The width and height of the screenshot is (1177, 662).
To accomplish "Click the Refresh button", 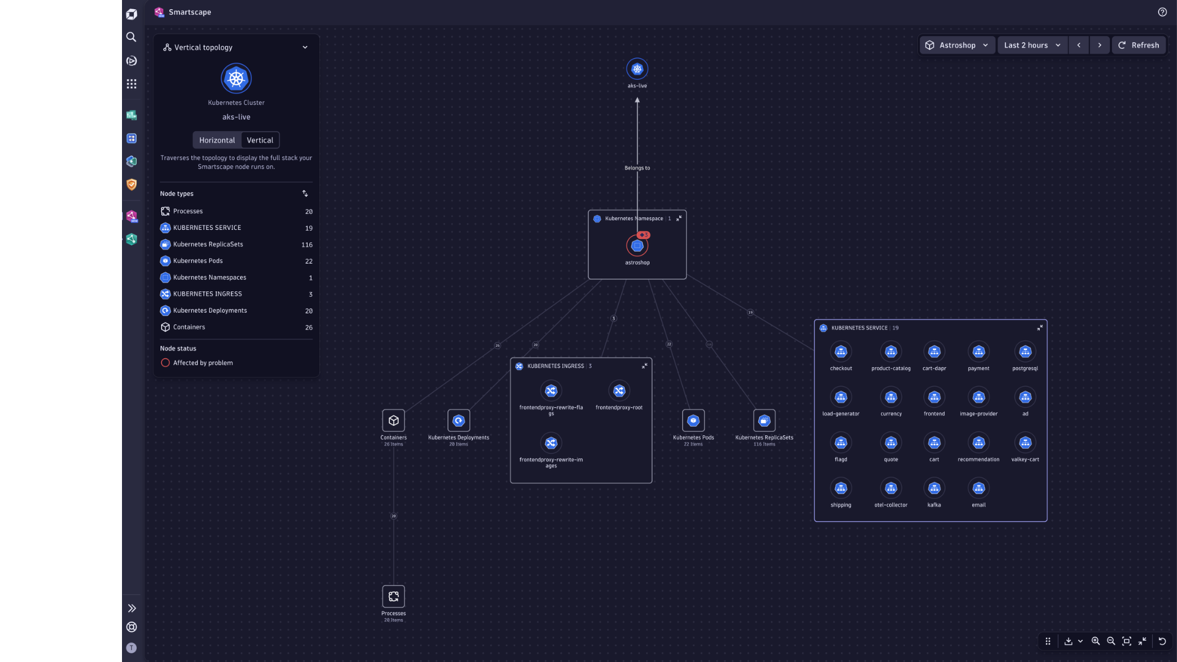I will [x=1138, y=45].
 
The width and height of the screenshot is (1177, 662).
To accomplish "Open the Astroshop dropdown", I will [x=957, y=45].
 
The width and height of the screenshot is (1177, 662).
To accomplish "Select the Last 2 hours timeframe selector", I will [x=1032, y=45].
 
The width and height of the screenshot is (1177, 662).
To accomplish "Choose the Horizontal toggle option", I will [x=217, y=140].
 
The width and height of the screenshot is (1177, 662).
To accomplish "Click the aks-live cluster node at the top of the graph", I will [x=637, y=69].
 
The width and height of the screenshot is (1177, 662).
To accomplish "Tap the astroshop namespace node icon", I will [x=637, y=246].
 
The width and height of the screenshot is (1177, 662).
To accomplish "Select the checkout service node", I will [x=840, y=352].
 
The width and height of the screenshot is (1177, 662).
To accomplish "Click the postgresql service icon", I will [x=1025, y=352].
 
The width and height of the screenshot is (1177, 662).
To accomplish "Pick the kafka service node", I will [x=934, y=489].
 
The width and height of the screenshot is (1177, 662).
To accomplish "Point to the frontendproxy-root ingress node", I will [x=619, y=391].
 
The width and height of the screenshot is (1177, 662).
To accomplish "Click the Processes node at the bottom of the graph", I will [x=394, y=596].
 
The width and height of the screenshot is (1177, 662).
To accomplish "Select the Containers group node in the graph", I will [x=394, y=420].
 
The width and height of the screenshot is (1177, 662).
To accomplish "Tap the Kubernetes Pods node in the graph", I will [x=693, y=420].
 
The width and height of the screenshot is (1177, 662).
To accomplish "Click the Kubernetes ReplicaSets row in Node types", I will [x=208, y=245].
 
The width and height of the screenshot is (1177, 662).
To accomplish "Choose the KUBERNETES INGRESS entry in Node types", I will [x=207, y=294].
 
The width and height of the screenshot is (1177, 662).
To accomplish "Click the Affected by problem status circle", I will [x=165, y=363].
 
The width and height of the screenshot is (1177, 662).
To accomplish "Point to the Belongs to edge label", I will [x=637, y=168].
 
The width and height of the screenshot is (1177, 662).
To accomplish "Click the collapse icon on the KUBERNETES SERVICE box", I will [x=1040, y=328].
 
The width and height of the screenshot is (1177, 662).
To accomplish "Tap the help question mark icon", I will [x=1162, y=12].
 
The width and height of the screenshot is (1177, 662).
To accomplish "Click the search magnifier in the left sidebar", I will [x=131, y=37].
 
